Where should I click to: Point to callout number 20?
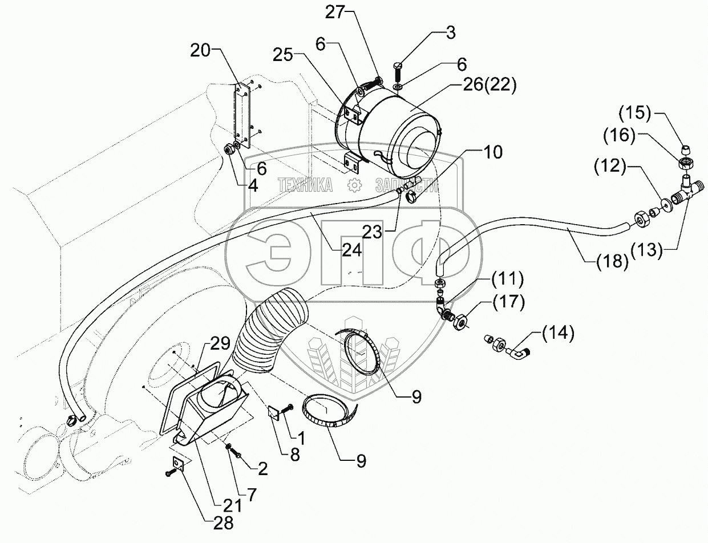[x=200, y=51]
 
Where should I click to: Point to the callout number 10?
[x=493, y=152]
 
